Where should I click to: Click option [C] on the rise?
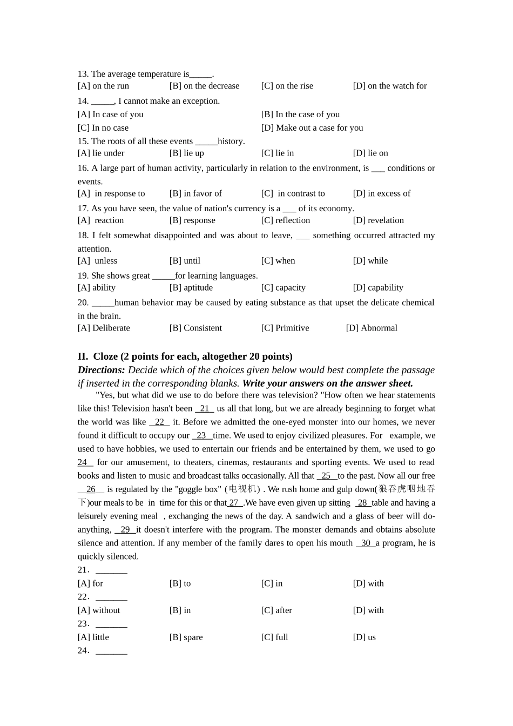287,86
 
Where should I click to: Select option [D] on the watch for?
389,86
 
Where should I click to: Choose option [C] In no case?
103,128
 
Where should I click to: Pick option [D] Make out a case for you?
312,128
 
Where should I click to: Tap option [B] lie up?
186,153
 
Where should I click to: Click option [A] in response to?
111,193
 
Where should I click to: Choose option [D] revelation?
378,220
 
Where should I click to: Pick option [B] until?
185,261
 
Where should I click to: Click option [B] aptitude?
191,288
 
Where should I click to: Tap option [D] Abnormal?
372,328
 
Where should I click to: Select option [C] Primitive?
285,328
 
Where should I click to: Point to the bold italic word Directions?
102,370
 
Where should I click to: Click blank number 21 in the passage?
205,409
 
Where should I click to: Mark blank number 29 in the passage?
125,530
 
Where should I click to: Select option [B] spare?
186,637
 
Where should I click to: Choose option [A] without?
99,610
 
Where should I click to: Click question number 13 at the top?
83,74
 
